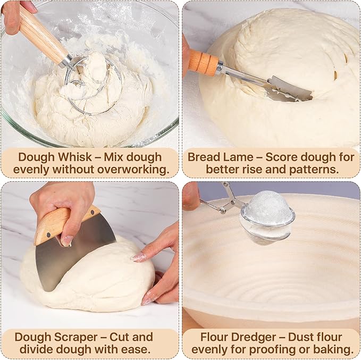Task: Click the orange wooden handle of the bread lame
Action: point(204,62)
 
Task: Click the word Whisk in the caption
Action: point(75,157)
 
